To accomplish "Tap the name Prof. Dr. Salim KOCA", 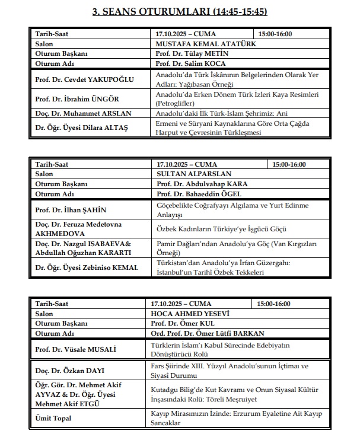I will [x=190, y=63].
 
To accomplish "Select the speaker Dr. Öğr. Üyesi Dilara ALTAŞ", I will [x=82, y=128].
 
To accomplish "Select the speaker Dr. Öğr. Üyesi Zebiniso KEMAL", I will [x=87, y=267].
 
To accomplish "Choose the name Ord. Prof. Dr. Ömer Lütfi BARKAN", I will [x=200, y=333].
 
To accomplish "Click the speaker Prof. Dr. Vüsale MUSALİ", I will [x=77, y=349].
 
